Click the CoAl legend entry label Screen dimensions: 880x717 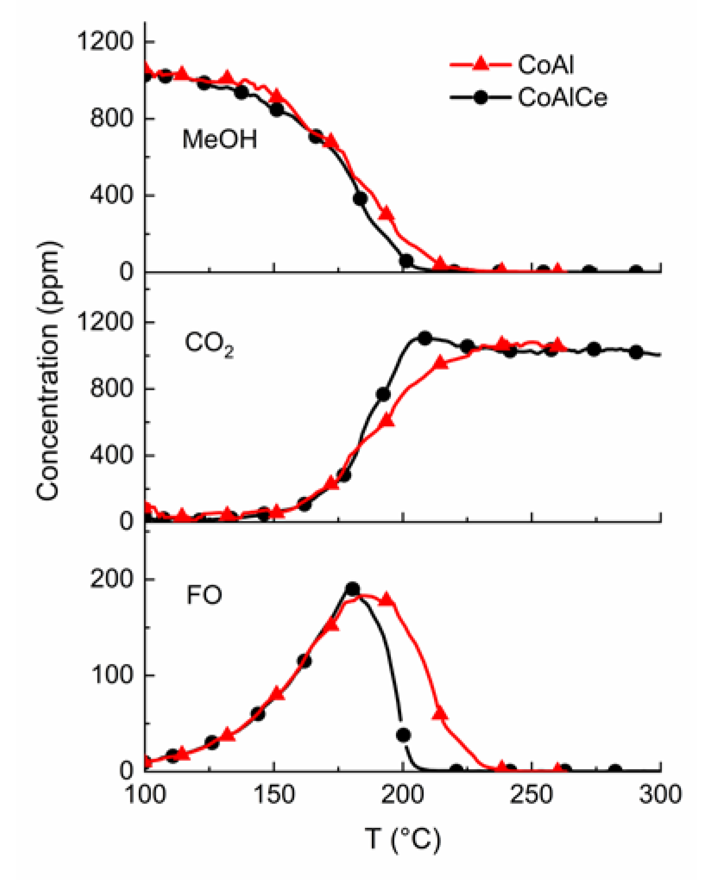coord(546,65)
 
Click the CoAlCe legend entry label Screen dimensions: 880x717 coord(562,97)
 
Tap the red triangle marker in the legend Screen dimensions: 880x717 coord(480,64)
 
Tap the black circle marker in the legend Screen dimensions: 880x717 coord(480,97)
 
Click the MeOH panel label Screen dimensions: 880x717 coord(220,139)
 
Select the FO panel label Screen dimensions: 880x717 coord(204,595)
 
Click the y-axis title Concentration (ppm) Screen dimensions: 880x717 coord(49,371)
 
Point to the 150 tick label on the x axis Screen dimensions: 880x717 coord(274,794)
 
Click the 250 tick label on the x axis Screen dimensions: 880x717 coord(531,794)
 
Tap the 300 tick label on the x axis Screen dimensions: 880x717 coord(660,794)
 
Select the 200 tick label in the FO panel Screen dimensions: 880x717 coord(111,578)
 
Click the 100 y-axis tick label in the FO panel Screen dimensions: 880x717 coord(111,675)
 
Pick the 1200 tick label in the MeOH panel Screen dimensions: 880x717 coord(104,42)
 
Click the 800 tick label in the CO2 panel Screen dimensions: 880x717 coord(111,388)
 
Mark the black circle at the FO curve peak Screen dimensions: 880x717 coord(353,589)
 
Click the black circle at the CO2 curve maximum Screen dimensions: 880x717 coord(425,338)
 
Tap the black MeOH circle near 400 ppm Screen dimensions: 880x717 coord(360,198)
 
